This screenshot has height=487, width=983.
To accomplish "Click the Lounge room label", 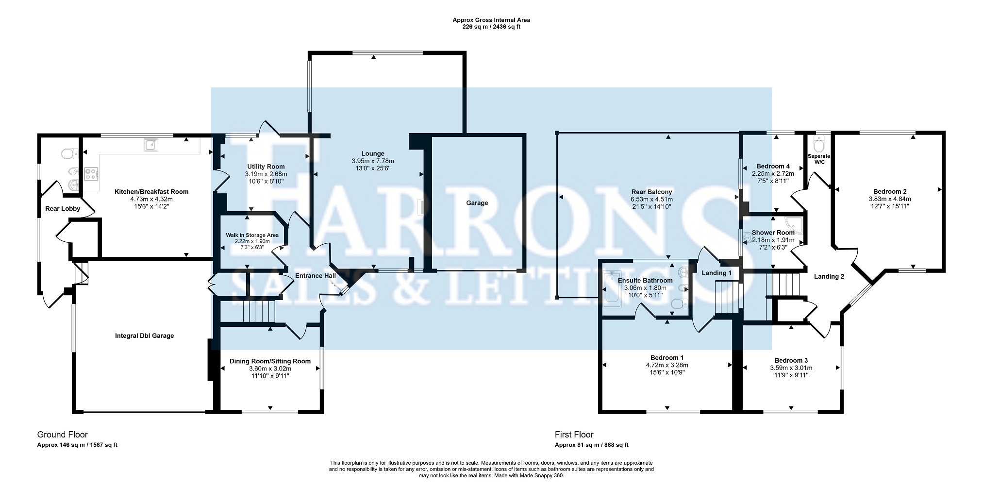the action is click(x=373, y=153).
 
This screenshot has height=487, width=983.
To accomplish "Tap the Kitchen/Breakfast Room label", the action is click(x=151, y=192).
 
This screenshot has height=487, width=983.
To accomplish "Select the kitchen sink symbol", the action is click(x=150, y=145).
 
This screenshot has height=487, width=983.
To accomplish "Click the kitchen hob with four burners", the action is click(x=91, y=173).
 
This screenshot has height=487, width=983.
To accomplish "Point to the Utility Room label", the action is click(x=266, y=167).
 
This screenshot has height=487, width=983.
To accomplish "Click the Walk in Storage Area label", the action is click(x=252, y=235).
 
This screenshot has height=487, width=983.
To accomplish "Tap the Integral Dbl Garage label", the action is click(x=144, y=336).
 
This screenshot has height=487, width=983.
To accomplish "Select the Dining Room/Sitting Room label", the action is click(x=270, y=361).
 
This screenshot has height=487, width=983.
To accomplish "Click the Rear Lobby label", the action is click(x=63, y=209).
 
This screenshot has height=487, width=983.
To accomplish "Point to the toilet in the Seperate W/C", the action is click(x=819, y=144).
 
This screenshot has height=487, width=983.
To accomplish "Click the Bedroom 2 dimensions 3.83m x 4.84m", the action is click(x=890, y=199).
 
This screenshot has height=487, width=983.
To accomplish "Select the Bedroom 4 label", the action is click(x=773, y=167).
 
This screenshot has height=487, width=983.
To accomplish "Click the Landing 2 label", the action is click(x=829, y=277).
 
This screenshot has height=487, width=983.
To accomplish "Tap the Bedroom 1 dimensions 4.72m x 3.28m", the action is click(x=667, y=365).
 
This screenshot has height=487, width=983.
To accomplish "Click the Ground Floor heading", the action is click(x=63, y=435).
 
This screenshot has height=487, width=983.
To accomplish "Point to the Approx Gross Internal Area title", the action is click(x=491, y=20).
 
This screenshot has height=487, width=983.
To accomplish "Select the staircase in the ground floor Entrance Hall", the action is click(x=258, y=311).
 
